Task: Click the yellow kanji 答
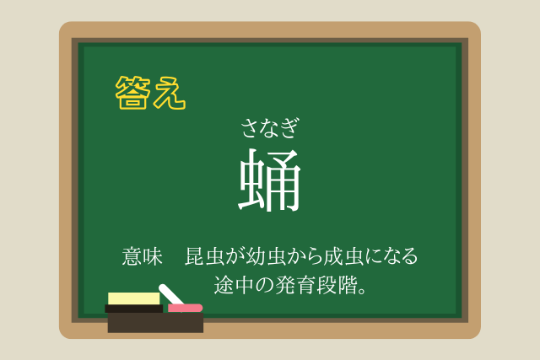coord(132,92)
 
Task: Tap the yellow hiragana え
coord(169,93)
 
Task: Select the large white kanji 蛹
coord(270,180)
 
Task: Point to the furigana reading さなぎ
coord(270,128)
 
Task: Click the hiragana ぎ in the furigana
coord(289,128)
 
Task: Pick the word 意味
coord(143,256)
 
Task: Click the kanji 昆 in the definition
coord(195,256)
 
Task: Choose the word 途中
coord(235,285)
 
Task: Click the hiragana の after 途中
coord(265,285)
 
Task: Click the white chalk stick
coord(170,294)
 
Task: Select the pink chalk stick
coord(186,308)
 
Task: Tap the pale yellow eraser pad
coord(134,298)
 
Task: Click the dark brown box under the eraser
coord(155,323)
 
